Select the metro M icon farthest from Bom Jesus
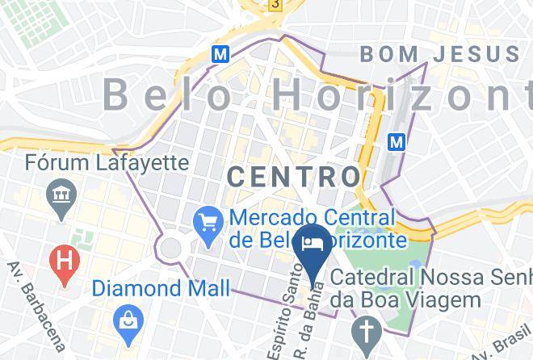pyautogui.click(x=219, y=54)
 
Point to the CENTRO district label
pyautogui.click(x=293, y=175)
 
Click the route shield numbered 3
pyautogui.click(x=275, y=4)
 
